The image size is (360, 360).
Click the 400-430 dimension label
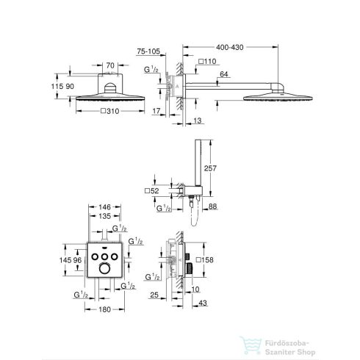229,47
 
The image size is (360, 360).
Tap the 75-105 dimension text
148,51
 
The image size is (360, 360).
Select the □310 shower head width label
110,111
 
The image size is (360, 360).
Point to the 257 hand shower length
210,168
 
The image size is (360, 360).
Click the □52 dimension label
152,190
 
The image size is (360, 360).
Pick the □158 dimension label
205,259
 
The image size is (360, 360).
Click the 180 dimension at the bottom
104,309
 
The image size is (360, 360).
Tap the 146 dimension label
104,207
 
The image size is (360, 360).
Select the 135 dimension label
104,216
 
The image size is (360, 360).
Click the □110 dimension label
207,61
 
